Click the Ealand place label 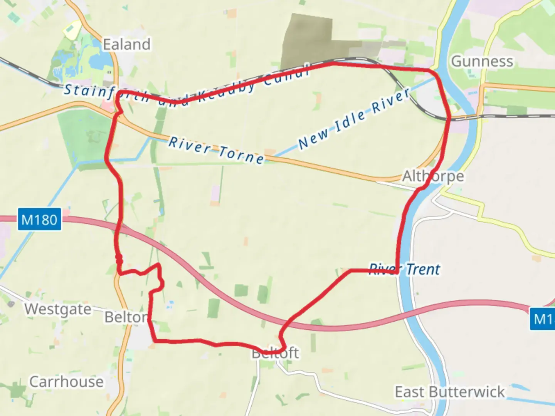pos(126,45)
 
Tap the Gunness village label pos(482,62)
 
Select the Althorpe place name pos(433,176)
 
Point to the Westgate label pos(58,309)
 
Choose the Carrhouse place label pos(66,382)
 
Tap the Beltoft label pos(275,353)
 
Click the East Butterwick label pos(449,392)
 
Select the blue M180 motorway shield pos(39,220)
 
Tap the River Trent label pos(404,269)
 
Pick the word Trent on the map pos(423,269)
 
